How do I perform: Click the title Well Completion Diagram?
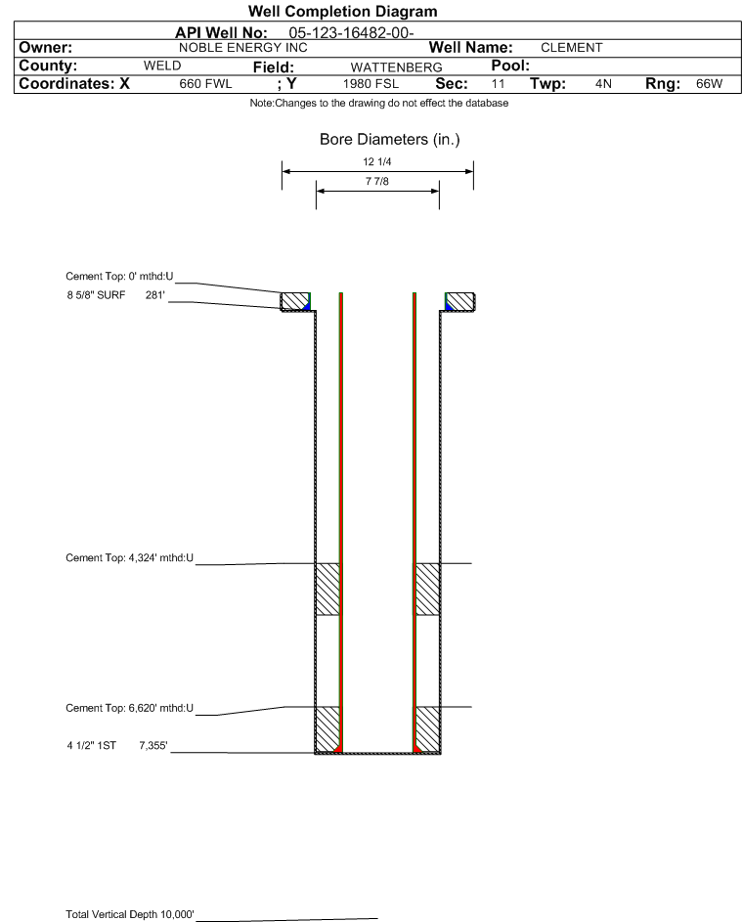pos(343,11)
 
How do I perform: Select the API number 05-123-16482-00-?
pos(351,33)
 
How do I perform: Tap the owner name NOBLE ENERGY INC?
pos(242,48)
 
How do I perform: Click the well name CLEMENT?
pos(572,48)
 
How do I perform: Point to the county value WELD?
pos(162,66)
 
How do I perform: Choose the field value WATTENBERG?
pos(396,67)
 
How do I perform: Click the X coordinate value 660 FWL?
pos(205,84)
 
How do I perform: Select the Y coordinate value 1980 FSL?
pos(371,84)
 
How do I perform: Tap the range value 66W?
pos(709,83)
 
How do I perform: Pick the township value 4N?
pos(603,83)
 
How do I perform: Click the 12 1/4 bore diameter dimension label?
pos(377,161)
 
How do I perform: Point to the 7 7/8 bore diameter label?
pos(377,181)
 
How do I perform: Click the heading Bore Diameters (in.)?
pos(390,140)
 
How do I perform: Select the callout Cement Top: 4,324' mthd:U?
pos(129,557)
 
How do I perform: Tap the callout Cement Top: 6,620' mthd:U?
pos(129,708)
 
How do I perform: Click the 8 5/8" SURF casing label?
pos(96,295)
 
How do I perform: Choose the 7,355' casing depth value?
pos(153,746)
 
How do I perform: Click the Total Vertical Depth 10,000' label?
pos(130,914)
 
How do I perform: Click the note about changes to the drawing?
pos(379,103)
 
